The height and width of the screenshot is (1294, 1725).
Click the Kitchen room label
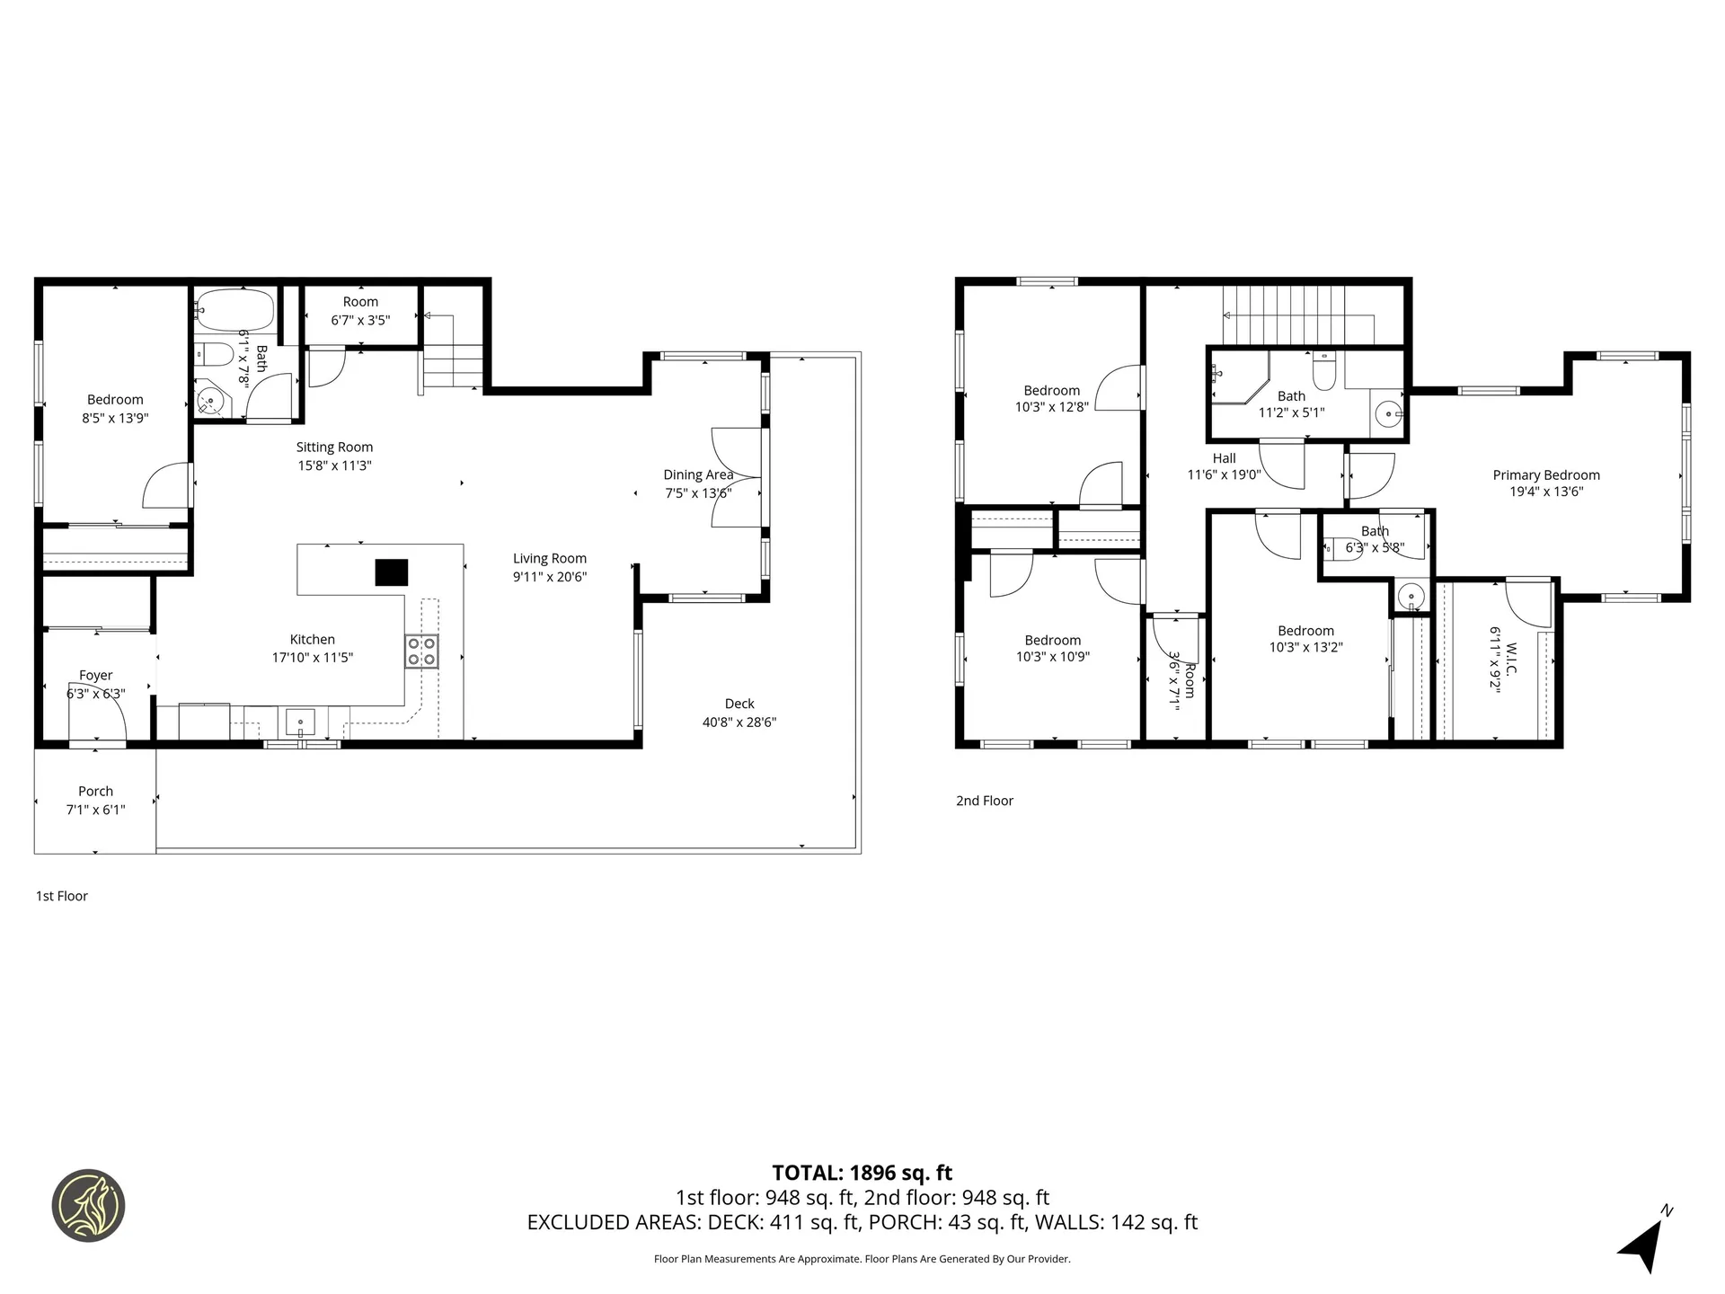click(x=312, y=640)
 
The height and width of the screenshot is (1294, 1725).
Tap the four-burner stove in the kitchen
click(x=421, y=651)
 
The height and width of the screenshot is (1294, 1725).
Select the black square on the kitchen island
click(x=391, y=572)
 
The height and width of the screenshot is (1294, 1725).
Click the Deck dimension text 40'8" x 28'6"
click(x=739, y=722)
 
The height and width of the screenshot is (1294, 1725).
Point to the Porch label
click(x=95, y=792)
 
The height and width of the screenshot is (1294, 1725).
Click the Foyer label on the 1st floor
click(x=95, y=676)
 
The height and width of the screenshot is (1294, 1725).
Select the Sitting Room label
click(x=334, y=448)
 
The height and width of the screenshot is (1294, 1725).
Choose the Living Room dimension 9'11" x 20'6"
click(x=549, y=577)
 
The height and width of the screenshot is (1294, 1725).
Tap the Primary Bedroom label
click(x=1545, y=475)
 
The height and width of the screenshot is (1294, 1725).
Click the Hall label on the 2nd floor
click(x=1224, y=458)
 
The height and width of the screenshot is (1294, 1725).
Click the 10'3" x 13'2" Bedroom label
click(x=1305, y=631)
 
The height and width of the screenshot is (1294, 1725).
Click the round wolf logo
click(x=88, y=1205)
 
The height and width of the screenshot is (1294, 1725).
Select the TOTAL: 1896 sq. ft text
click(x=862, y=1173)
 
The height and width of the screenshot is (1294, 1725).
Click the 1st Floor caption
click(x=62, y=896)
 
